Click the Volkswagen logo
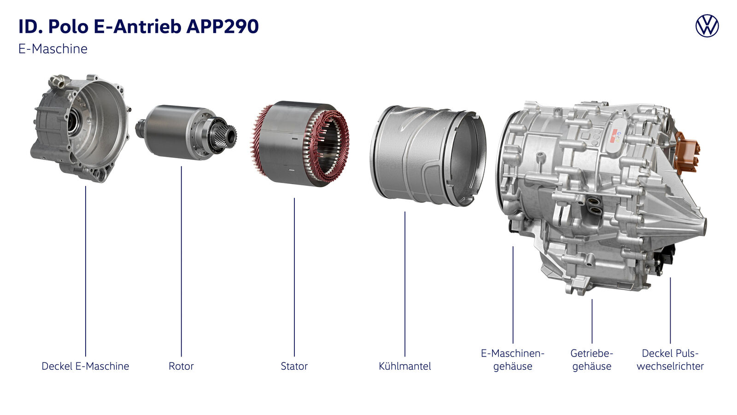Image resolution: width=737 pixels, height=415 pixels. tap(707, 26)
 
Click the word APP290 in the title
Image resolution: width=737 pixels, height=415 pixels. tap(222, 26)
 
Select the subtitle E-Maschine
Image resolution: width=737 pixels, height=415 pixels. tap(53, 49)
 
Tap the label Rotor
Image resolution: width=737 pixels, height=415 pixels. tap(181, 366)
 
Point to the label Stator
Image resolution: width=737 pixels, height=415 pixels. tap(294, 366)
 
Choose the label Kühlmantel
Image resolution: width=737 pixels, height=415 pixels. tap(405, 366)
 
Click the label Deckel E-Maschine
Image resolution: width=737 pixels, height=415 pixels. tap(85, 366)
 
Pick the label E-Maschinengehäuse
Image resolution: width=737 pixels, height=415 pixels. tap(513, 360)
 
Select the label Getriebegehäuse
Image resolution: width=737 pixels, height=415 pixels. tap(591, 360)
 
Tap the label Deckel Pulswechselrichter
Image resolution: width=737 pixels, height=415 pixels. tap(670, 360)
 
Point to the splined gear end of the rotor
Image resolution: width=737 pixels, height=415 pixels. tap(227, 136)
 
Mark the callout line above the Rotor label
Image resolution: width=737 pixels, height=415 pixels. tap(181, 261)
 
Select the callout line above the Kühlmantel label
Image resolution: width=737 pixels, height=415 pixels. tap(405, 284)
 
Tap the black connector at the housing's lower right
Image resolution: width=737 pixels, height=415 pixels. tap(665, 260)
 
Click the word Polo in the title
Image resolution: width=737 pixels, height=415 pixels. tap(69, 26)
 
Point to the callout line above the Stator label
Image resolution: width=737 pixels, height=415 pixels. tap(294, 277)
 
